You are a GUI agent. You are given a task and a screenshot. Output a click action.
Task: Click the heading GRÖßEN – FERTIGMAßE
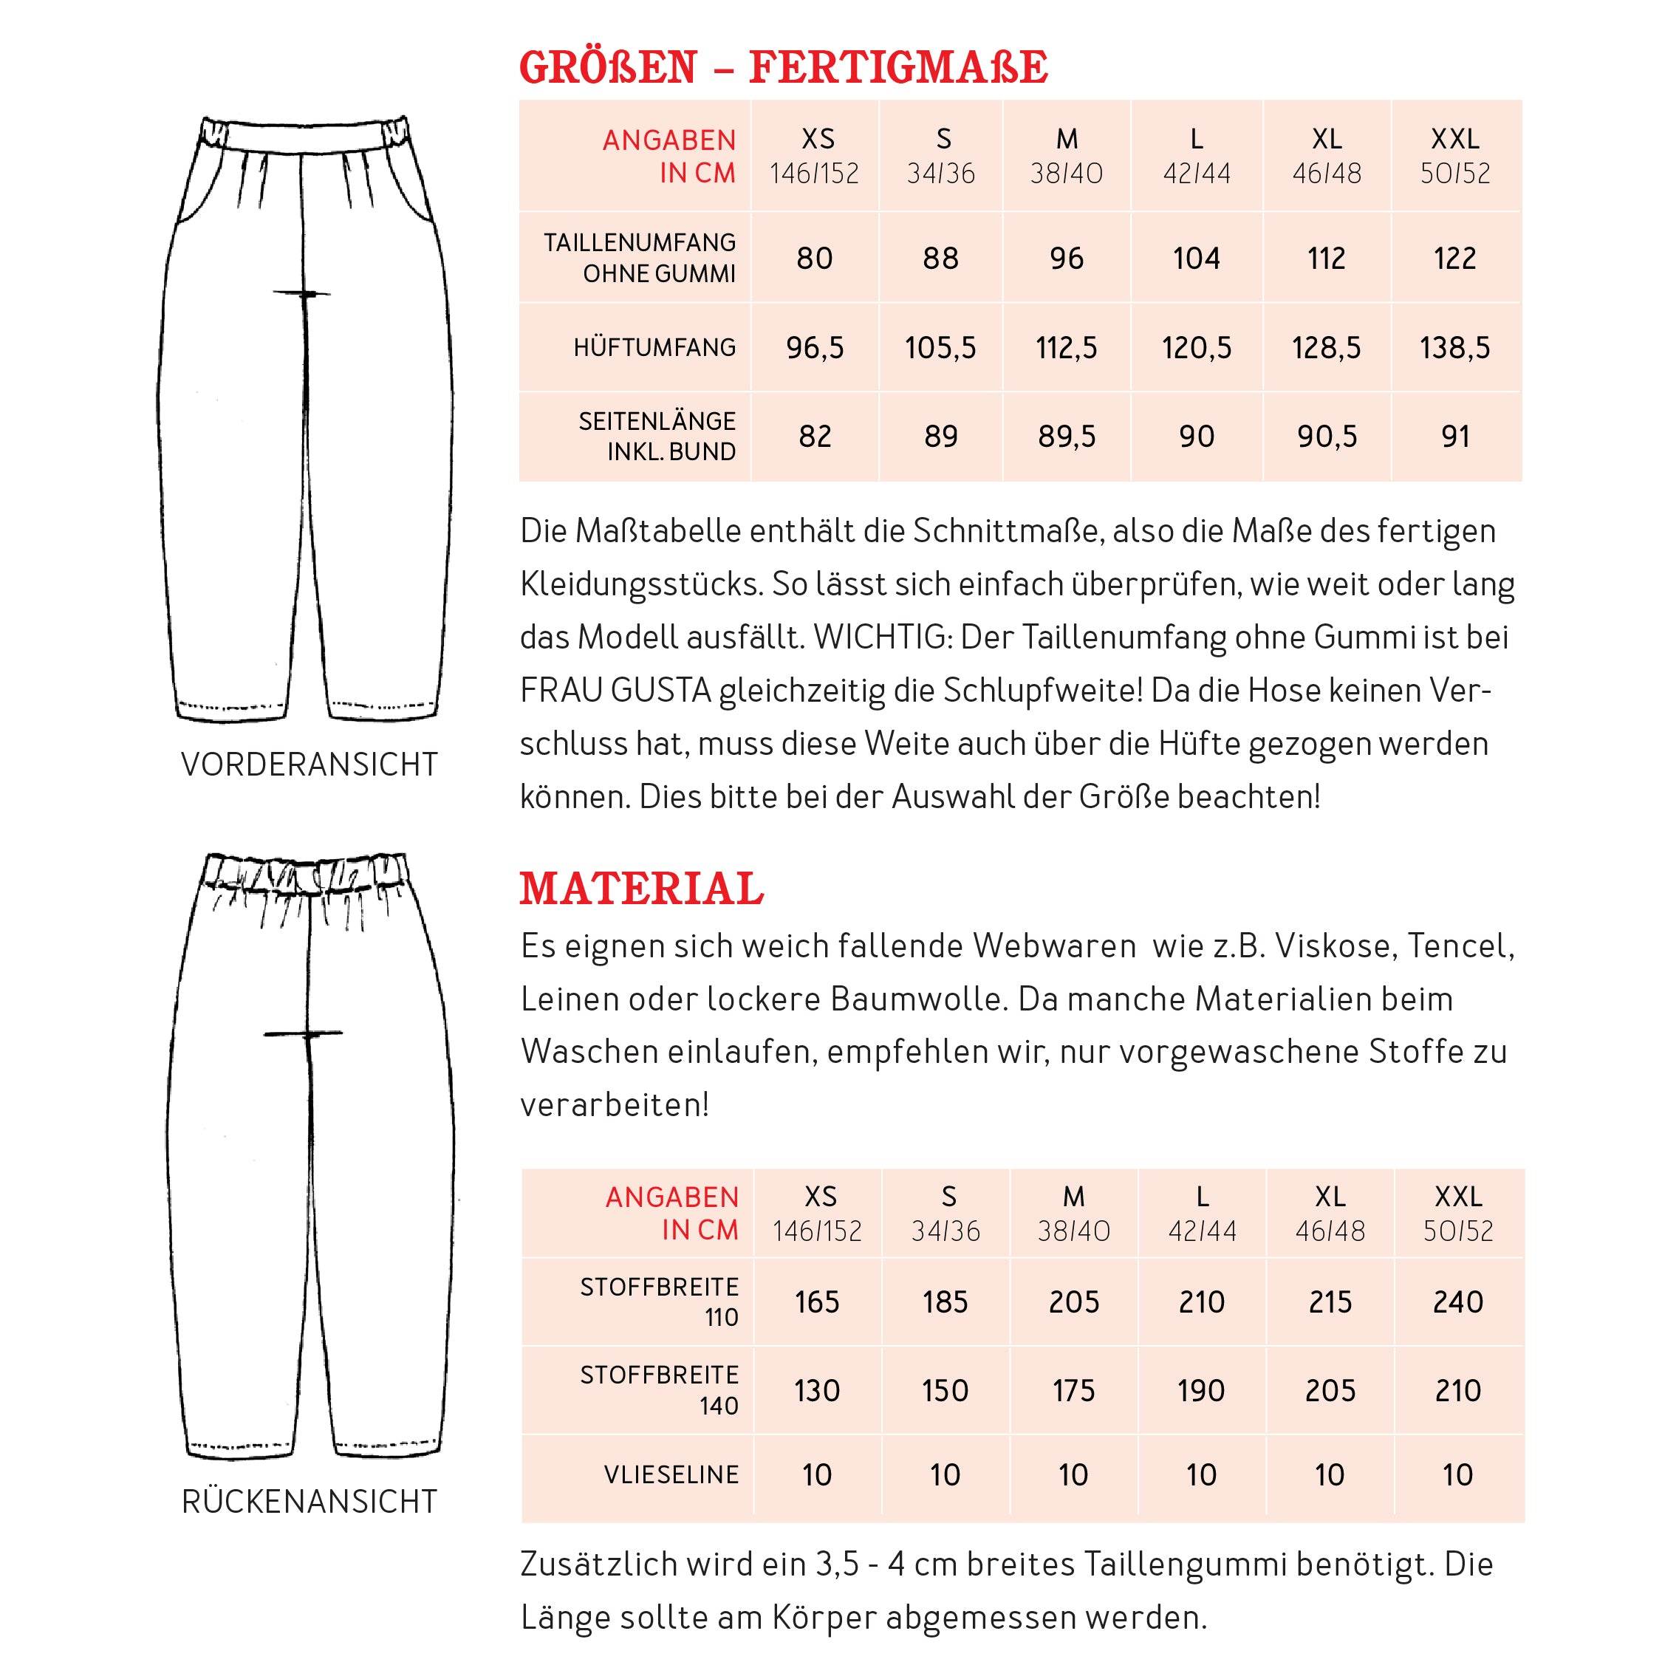click(783, 68)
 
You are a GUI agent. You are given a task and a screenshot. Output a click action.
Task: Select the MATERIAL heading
click(641, 889)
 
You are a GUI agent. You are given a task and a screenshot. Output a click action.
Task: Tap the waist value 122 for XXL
click(1454, 258)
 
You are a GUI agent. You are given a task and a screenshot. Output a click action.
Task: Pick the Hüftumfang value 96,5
click(815, 347)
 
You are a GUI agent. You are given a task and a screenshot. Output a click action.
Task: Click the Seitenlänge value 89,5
click(1067, 436)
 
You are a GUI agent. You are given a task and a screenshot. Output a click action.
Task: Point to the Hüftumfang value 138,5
click(1454, 347)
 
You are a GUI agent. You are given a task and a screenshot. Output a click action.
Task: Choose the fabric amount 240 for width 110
click(1457, 1302)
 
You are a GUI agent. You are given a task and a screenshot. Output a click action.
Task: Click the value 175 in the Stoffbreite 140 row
click(1073, 1390)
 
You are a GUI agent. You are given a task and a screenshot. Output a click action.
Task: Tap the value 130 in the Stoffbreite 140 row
click(816, 1390)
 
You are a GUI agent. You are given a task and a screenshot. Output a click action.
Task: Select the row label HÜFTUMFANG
click(654, 347)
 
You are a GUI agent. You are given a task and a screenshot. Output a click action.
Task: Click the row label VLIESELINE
click(671, 1474)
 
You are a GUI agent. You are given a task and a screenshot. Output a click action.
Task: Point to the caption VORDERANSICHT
click(310, 765)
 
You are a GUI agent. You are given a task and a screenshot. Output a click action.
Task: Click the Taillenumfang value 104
click(1196, 258)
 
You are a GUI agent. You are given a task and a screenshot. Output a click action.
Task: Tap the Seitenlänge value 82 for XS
click(815, 436)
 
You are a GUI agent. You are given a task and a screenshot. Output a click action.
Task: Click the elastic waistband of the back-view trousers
click(305, 872)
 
